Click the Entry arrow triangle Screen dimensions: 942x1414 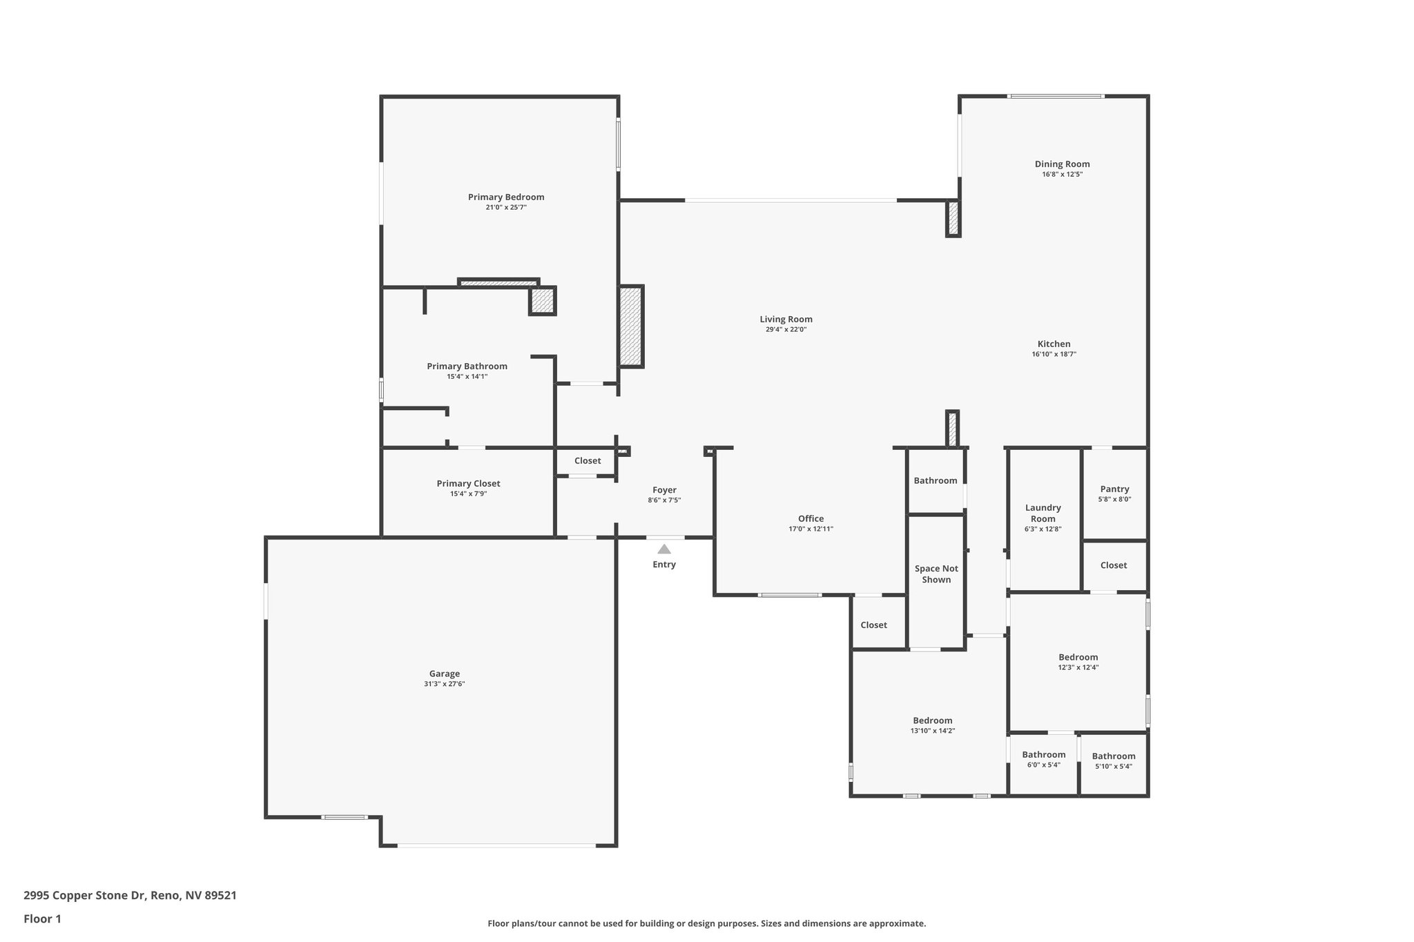664,549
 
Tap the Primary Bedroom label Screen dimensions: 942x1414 506,197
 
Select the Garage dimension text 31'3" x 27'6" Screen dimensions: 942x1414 444,684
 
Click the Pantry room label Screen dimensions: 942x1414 1114,489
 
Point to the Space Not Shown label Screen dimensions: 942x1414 936,574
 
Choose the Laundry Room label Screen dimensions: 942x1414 1043,513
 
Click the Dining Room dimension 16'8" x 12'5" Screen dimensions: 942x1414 1062,175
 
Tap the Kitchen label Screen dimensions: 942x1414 1054,344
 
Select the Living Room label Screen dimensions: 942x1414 786,319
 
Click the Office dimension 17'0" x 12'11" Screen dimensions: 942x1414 811,529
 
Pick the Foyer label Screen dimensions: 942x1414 664,490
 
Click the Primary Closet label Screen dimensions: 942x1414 468,483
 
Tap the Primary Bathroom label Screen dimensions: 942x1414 467,366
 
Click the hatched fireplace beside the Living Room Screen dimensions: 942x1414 630,326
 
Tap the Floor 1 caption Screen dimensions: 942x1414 42,919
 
